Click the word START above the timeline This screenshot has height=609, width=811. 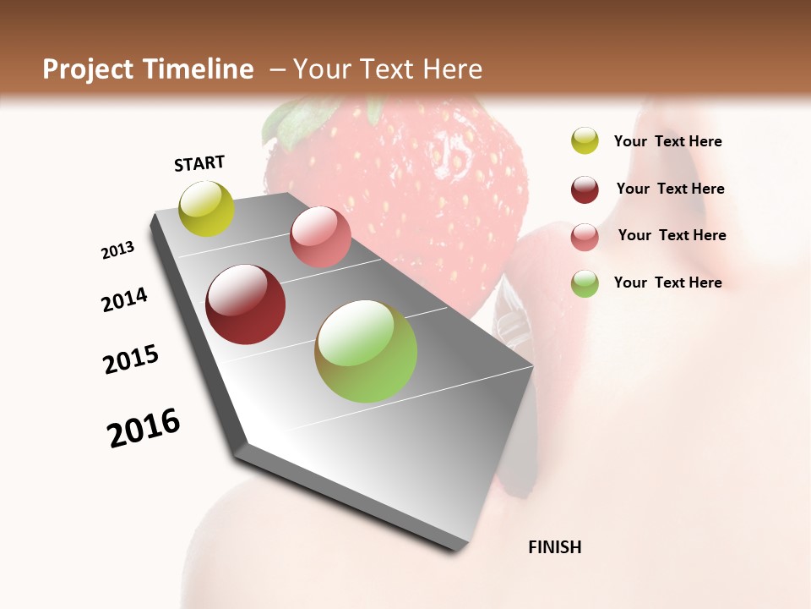(x=199, y=163)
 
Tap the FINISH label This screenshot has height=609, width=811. (x=554, y=547)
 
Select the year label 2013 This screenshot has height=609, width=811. (x=117, y=250)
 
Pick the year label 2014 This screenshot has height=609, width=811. (x=124, y=299)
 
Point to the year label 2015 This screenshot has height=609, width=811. (x=131, y=359)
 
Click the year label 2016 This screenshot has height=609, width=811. (x=144, y=428)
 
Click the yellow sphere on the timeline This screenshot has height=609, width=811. (x=206, y=208)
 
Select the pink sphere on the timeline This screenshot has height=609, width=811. (x=320, y=237)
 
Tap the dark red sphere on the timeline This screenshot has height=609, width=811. (x=245, y=304)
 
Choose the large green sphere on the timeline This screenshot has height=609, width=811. (x=366, y=351)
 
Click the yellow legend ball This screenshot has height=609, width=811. (x=585, y=140)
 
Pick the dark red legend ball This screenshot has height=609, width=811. (x=585, y=189)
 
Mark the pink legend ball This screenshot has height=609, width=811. (x=585, y=237)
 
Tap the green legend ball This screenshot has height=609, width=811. (x=585, y=283)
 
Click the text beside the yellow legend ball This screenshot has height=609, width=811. (x=667, y=141)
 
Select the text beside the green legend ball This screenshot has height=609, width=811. (x=667, y=283)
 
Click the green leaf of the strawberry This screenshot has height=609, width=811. (x=291, y=123)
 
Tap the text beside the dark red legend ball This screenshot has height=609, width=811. (x=670, y=189)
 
